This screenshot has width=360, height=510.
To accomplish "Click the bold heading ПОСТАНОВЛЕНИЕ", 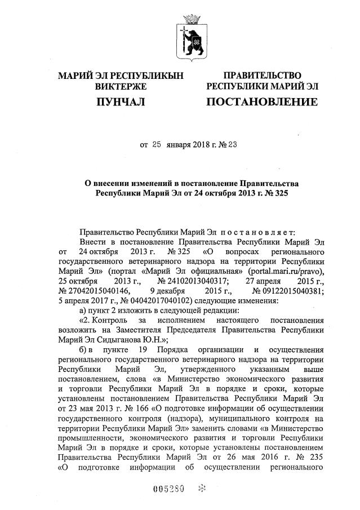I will point(261,102).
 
